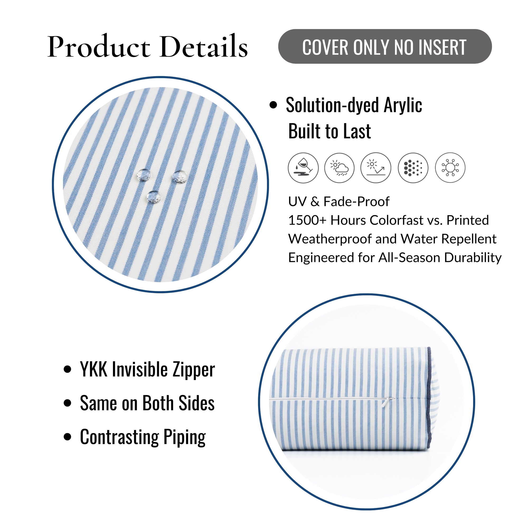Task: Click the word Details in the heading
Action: point(204,46)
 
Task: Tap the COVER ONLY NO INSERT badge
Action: point(385,46)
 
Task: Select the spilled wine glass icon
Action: point(303,168)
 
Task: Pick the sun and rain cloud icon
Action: point(340,168)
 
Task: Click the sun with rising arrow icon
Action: point(376,168)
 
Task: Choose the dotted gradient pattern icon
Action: point(413,168)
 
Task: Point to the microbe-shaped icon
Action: point(450,168)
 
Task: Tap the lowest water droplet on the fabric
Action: point(154,197)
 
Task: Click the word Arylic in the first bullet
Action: point(403,105)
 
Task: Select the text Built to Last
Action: point(329,131)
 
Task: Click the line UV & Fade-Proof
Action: point(339,202)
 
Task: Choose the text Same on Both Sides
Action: point(147,403)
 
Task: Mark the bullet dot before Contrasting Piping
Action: point(67,437)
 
